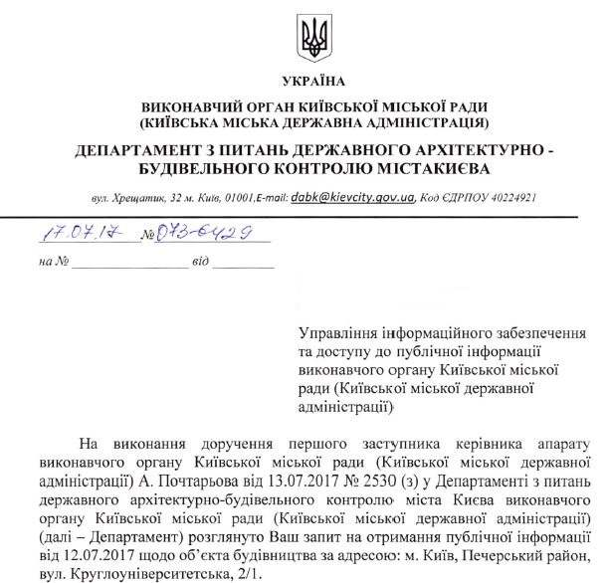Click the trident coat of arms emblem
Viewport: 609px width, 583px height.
click(313, 39)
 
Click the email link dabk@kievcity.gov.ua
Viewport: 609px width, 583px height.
click(352, 197)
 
